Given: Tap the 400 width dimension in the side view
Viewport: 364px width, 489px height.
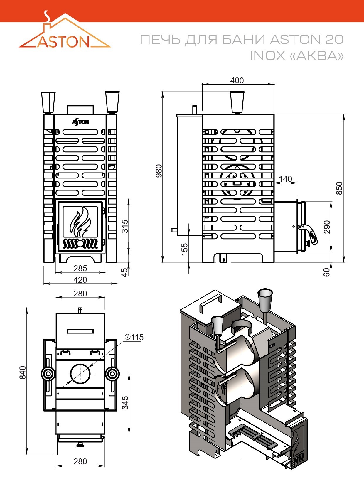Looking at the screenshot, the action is click(x=237, y=80).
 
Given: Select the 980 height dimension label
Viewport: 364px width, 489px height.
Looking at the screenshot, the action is click(x=159, y=171).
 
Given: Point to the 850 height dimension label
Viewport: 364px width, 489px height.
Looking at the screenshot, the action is click(x=340, y=188).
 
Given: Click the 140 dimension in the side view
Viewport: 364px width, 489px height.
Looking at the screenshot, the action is click(x=286, y=179).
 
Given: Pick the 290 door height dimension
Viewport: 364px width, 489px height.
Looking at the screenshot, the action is click(x=327, y=227).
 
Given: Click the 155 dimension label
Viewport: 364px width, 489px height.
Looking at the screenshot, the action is click(x=185, y=249).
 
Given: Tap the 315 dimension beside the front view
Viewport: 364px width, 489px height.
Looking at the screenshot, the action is click(x=125, y=226).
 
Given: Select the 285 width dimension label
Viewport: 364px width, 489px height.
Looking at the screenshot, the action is click(x=80, y=268).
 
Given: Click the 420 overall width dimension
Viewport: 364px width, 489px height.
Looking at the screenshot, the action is click(x=80, y=280).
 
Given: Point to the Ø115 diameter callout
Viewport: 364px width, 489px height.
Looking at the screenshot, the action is click(x=134, y=337).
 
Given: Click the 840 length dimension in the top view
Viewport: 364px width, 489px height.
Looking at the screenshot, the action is click(x=23, y=372).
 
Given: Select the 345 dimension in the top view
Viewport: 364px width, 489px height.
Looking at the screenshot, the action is click(x=125, y=403).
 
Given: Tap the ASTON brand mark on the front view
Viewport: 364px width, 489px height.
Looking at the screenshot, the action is click(x=80, y=122).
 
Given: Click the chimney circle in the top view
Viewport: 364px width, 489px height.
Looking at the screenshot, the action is click(x=80, y=374).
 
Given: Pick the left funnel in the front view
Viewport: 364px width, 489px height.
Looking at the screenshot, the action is click(x=48, y=102).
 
